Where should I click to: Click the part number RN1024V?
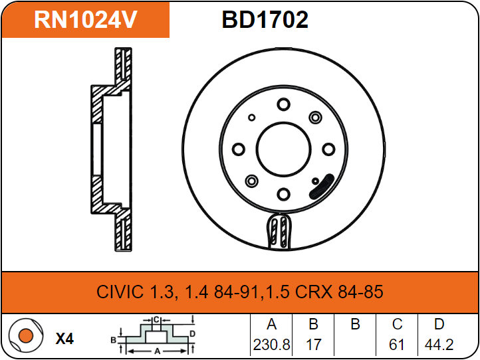(86, 20)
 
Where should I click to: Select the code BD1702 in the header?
(265, 20)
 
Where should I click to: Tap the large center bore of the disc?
(283, 149)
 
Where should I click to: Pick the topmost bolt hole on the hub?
(283, 104)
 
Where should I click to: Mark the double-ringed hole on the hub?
(252, 181)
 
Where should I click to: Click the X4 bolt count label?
(64, 339)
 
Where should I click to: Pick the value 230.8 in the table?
(271, 345)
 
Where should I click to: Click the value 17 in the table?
(313, 345)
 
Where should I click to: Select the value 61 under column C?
(397, 345)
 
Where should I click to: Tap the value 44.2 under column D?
(439, 345)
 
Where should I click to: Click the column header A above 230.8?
(271, 325)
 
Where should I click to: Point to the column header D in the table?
(439, 325)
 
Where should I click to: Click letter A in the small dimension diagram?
(157, 350)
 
